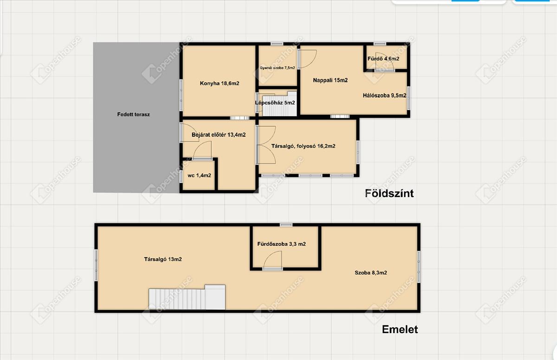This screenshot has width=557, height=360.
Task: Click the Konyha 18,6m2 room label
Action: pos(220,83)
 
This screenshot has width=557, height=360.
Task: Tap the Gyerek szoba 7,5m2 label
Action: pos(277,68)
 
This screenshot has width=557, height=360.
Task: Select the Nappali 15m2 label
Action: pos(330,80)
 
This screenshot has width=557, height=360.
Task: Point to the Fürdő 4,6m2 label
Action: pos(383,58)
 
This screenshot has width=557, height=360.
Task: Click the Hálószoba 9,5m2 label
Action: pos(384,96)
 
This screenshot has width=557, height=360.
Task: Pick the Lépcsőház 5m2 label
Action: pos(275,103)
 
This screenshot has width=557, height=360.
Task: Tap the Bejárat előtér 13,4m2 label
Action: pos(219,135)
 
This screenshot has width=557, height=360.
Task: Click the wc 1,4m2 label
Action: pos(199,175)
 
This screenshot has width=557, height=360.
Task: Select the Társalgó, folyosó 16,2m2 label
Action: pos(303,146)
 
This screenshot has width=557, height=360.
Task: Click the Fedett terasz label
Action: pos(134,115)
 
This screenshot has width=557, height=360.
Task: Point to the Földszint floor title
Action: pos(389,193)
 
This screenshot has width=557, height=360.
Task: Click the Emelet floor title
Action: pos(400,329)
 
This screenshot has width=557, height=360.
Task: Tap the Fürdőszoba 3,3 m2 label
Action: pos(281,244)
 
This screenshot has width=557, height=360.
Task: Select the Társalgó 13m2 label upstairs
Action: pos(163,259)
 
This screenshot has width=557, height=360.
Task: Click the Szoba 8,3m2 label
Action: pos(371,273)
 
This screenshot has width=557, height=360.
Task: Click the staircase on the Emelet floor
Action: pos(187,297)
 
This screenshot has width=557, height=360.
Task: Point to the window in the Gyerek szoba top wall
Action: pos(277,44)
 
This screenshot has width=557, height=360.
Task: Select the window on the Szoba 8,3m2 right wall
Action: pos(419,267)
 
